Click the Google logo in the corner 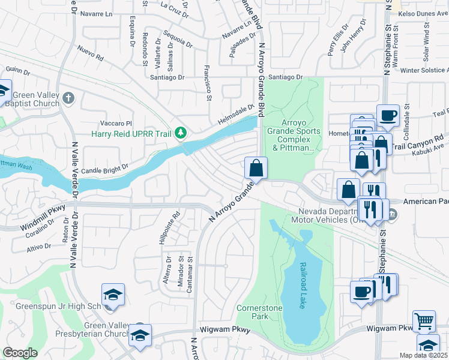tap(20, 353)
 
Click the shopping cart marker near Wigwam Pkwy tap(424, 321)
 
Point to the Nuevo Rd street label tap(90, 55)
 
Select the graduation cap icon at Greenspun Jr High tap(113, 295)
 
